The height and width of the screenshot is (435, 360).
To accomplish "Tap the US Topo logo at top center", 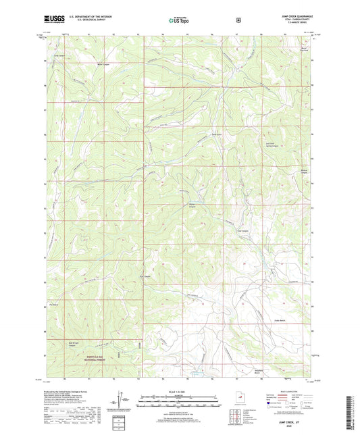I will [x=179, y=21].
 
